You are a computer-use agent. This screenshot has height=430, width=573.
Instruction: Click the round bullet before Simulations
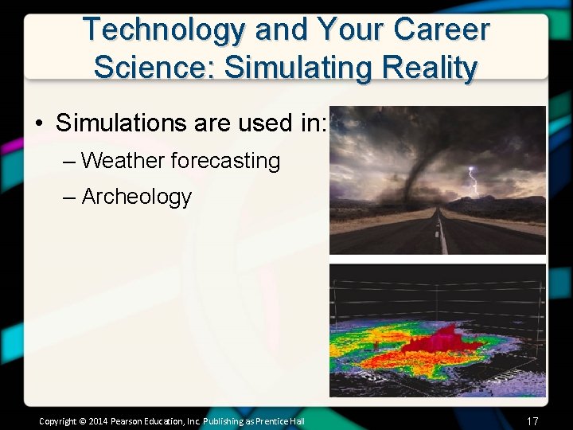(38, 123)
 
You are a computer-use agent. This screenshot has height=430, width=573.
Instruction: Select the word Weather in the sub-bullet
(123, 161)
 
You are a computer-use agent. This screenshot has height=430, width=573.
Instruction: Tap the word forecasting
(225, 161)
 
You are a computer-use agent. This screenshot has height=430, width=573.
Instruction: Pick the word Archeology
(137, 196)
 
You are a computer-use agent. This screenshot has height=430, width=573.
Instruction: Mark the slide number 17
(532, 420)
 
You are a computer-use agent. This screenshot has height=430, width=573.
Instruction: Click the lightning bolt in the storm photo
(474, 182)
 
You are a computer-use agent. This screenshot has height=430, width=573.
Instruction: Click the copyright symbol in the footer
(83, 420)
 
